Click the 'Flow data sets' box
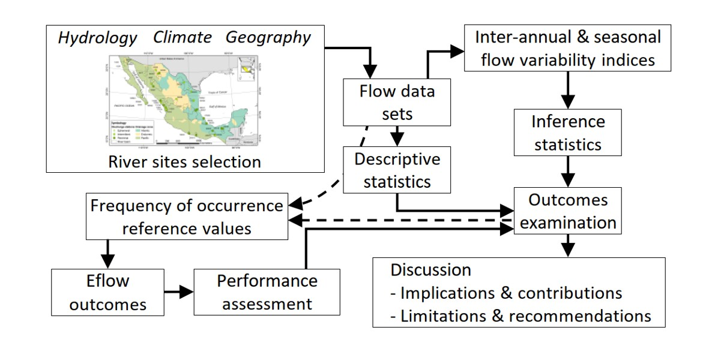[x=397, y=103]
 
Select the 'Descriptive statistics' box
[x=397, y=170]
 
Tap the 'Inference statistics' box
[x=568, y=133]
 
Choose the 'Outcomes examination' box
[x=568, y=211]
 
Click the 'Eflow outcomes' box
[x=107, y=292]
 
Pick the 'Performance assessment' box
[x=267, y=292]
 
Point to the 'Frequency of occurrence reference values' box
[x=187, y=217]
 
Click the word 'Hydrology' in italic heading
[x=97, y=38]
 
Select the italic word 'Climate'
[x=182, y=37]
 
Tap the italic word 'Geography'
[x=268, y=37]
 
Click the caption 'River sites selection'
[x=184, y=161]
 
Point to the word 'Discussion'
[x=430, y=270]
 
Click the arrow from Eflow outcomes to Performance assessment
[x=179, y=292]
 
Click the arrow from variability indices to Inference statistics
[x=568, y=91]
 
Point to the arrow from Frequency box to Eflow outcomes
[x=107, y=253]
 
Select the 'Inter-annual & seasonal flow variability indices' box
[x=568, y=49]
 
